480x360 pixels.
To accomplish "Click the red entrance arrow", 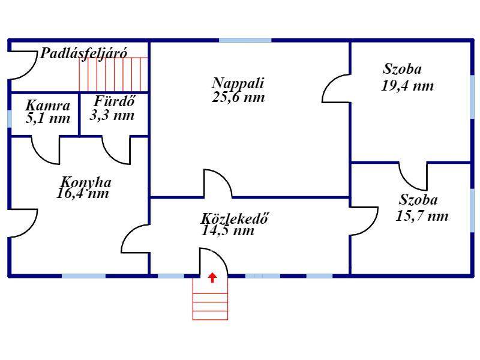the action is (212, 278).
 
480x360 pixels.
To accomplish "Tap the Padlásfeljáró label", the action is (83, 53).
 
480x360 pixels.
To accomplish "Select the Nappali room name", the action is (238, 83).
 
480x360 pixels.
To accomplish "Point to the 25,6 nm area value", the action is (238, 97).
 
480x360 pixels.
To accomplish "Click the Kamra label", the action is (48, 106).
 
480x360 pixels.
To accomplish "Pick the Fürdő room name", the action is (114, 101).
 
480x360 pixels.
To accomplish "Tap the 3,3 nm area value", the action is (112, 115).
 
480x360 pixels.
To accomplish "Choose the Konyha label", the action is (86, 182).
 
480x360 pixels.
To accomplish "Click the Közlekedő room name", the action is (234, 218).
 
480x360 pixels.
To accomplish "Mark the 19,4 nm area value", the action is (407, 86).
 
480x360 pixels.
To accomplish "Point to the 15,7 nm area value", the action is (422, 216).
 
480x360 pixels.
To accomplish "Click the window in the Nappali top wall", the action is (245, 40).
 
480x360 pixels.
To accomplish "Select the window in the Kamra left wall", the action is (10, 118).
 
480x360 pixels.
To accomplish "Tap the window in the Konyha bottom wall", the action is (83, 276).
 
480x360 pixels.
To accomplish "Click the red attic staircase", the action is (113, 74).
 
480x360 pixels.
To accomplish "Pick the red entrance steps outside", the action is (211, 298).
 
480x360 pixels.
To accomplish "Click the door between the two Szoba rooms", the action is (413, 176).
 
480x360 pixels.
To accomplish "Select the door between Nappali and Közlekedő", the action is (218, 183).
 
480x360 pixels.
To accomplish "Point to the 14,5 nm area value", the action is (228, 231).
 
